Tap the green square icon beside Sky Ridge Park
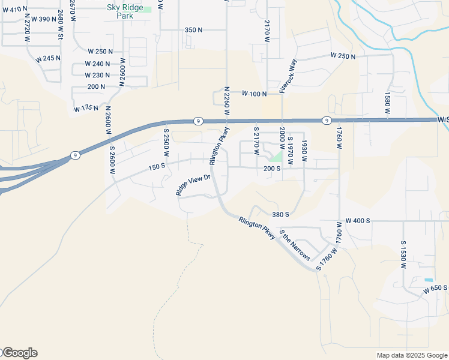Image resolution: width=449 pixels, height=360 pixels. pyautogui.click(x=147, y=10)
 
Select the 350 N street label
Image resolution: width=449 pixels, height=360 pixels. pyautogui.click(x=194, y=30)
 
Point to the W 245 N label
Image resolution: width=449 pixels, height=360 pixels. pyautogui.click(x=48, y=58)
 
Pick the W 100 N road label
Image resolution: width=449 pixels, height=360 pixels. pyautogui.click(x=254, y=94)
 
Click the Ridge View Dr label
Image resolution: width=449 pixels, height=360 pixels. pyautogui.click(x=193, y=185)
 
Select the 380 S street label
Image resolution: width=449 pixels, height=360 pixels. pyautogui.click(x=280, y=214)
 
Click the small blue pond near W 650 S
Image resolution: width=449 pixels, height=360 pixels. pyautogui.click(x=428, y=280)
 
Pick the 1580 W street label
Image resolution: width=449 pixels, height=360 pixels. pyautogui.click(x=387, y=103)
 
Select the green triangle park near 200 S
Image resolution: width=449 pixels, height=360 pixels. pyautogui.click(x=277, y=157)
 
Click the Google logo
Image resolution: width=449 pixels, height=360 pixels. pyautogui.click(x=19, y=353)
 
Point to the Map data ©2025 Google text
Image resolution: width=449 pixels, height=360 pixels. pyautogui.click(x=411, y=355)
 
